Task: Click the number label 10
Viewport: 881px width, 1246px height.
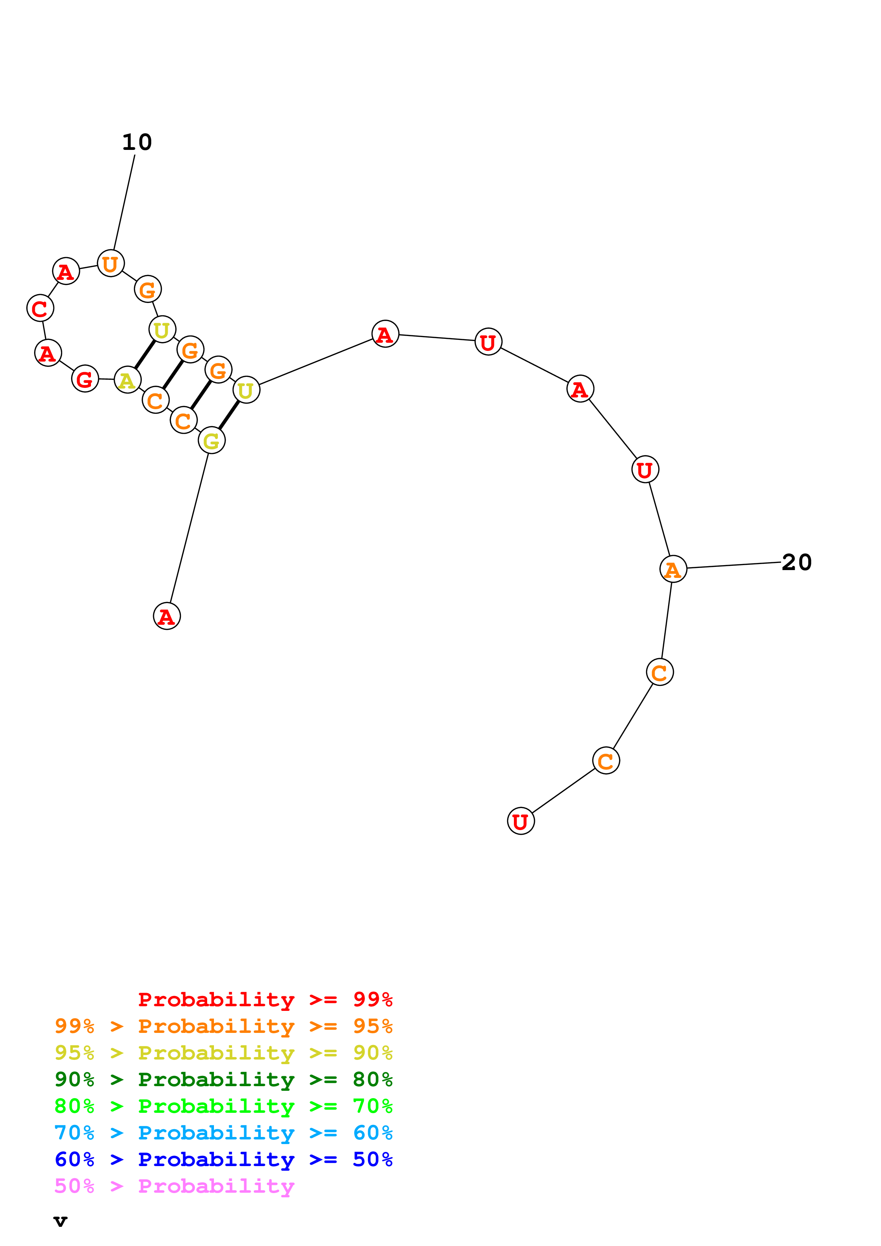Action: point(137,142)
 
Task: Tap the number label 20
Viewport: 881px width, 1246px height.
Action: point(796,562)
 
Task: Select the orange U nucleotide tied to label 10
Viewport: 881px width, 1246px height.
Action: point(111,264)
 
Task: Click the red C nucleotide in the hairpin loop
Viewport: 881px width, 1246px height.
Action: point(40,308)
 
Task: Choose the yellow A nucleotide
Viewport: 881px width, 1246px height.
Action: point(128,380)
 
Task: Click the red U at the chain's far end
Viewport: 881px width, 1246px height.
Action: point(521,821)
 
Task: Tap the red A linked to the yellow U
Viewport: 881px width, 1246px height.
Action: point(385,334)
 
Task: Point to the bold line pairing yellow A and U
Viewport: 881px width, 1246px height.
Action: point(145,354)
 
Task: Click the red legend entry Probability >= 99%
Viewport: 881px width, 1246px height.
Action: point(265,999)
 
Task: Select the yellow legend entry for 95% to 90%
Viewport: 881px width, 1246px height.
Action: point(223,1053)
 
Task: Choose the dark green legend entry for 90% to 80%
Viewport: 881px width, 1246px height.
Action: point(223,1079)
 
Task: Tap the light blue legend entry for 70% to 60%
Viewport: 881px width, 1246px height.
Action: point(223,1133)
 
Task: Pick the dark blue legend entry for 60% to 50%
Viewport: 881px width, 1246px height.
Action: point(223,1159)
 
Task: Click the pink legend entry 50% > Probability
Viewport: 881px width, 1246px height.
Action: point(174,1186)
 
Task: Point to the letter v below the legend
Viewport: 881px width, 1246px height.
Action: point(60,1221)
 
